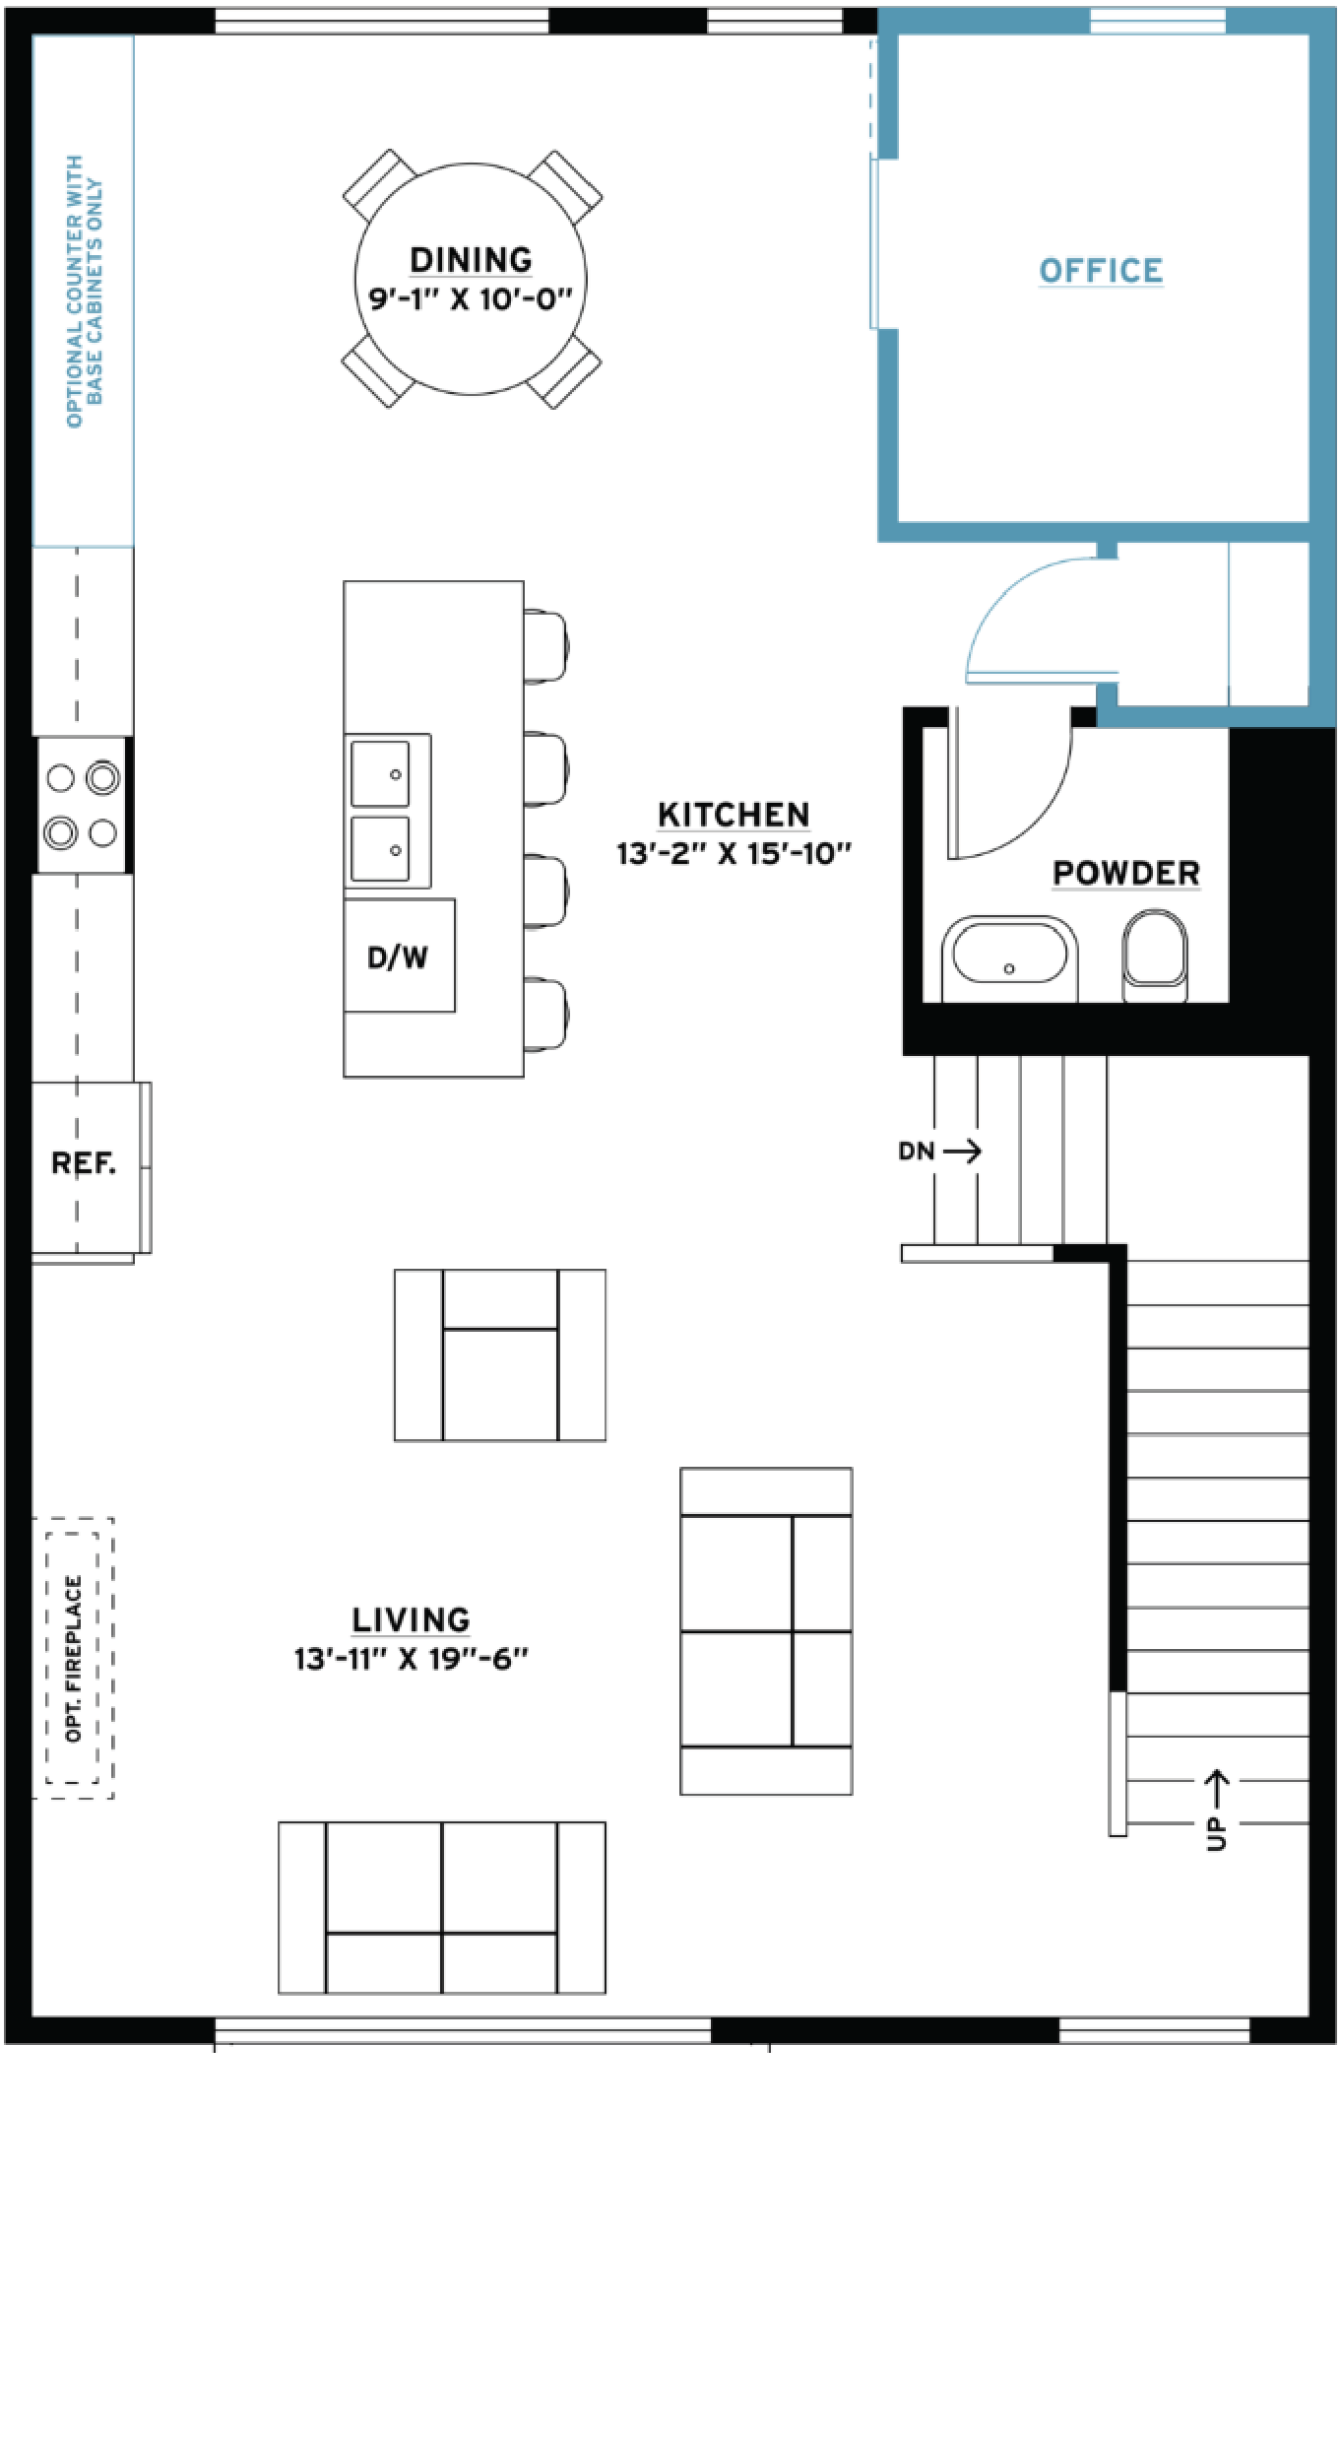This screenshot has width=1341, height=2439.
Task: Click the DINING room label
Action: pyautogui.click(x=471, y=260)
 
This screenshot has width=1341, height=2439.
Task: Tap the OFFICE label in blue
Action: pyautogui.click(x=1101, y=271)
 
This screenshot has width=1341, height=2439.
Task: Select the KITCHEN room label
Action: pyautogui.click(x=734, y=815)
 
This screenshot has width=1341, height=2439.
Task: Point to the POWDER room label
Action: pyautogui.click(x=1126, y=873)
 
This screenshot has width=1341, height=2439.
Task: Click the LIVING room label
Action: pyautogui.click(x=411, y=1619)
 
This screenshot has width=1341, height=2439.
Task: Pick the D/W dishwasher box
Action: pyautogui.click(x=399, y=955)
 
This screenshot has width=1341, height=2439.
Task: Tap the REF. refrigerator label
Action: pyautogui.click(x=84, y=1163)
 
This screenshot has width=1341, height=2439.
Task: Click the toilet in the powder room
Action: pyautogui.click(x=1155, y=955)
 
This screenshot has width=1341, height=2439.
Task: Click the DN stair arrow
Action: pyautogui.click(x=962, y=1151)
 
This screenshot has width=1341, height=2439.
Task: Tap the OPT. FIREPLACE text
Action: pyautogui.click(x=73, y=1659)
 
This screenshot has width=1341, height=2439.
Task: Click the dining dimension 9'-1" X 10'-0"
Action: pyautogui.click(x=471, y=298)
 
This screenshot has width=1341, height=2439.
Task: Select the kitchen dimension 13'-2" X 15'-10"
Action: pyautogui.click(x=734, y=853)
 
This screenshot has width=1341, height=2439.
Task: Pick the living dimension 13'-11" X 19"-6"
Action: pyautogui.click(x=411, y=1658)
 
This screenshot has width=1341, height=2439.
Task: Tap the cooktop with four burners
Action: pyautogui.click(x=82, y=805)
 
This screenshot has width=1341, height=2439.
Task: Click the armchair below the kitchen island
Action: pyautogui.click(x=500, y=1355)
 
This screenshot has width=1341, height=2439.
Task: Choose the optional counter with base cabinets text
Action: pyautogui.click(x=85, y=292)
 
